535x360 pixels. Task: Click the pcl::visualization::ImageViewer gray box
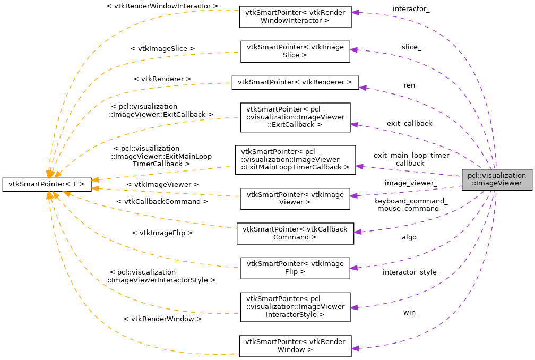(496, 180)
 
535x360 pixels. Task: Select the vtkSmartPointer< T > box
(47, 184)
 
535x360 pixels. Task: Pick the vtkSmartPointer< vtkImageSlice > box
(295, 51)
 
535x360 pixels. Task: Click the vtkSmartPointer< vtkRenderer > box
(295, 82)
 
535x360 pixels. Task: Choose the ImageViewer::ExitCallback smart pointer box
(295, 117)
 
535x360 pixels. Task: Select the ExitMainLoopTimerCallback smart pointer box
(295, 160)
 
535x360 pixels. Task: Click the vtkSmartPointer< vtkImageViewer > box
(295, 199)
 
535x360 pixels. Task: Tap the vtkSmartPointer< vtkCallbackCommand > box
(295, 233)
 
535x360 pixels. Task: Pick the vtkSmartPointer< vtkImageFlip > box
(295, 268)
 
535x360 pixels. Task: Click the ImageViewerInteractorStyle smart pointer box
(295, 307)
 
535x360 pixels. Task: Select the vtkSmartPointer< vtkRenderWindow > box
(295, 345)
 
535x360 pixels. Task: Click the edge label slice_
(411, 47)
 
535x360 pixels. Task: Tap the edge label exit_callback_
(411, 124)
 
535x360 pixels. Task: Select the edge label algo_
(411, 237)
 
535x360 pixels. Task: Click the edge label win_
(411, 313)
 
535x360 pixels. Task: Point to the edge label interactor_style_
(411, 272)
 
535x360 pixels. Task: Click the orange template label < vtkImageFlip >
(162, 233)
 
